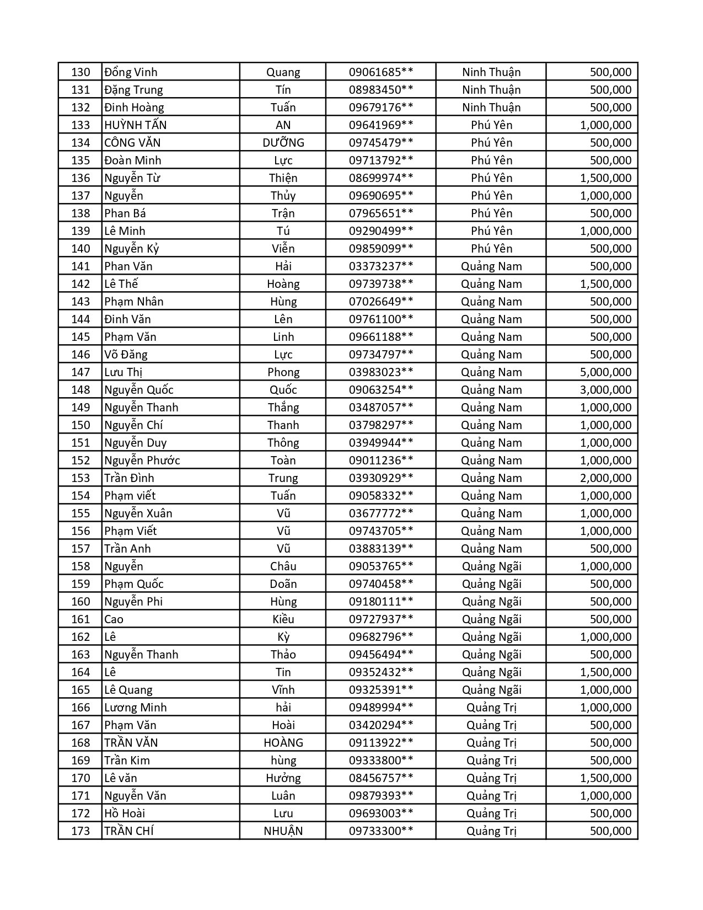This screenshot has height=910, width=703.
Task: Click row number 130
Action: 81,72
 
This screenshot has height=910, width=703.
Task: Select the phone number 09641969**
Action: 381,125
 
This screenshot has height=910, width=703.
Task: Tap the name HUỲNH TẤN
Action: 136,125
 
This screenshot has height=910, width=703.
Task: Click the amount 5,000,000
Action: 605,372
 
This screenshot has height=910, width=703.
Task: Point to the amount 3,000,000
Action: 605,390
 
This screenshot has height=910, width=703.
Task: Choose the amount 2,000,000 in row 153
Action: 605,478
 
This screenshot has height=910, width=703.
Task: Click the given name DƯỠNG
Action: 283,143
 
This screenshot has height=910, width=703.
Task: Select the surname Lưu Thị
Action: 124,372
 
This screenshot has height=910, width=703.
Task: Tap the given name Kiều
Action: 283,619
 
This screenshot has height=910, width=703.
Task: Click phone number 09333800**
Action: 381,761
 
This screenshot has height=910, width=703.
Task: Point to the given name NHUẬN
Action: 283,831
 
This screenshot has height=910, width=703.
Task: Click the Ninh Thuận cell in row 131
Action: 491,90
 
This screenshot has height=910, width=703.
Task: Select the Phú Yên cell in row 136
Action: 491,178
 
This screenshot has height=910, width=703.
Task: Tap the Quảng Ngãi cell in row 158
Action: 491,566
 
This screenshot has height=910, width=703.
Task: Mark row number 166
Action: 81,708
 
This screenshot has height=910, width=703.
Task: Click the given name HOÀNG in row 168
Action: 283,743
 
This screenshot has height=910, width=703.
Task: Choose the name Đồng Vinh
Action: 131,72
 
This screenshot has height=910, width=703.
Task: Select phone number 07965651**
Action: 381,213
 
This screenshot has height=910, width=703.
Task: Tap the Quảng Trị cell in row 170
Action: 491,778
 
